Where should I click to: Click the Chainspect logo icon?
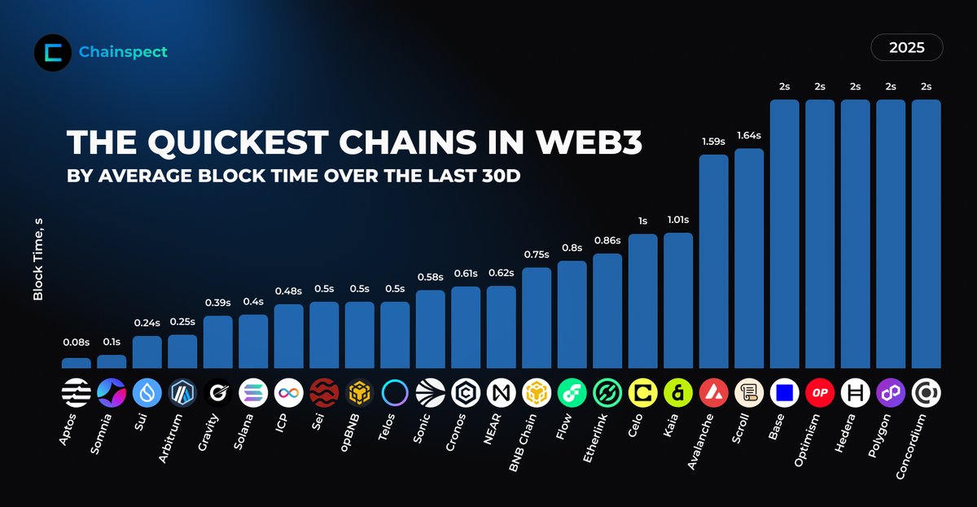pos(53,52)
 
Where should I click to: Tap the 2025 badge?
pos(906,48)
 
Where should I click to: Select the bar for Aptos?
pos(77,363)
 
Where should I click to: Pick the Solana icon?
pos(253,393)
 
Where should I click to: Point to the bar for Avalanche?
pos(714,260)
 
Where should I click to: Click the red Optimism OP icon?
pos(820,393)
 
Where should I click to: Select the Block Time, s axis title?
pos(37,252)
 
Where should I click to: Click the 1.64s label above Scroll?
pos(749,135)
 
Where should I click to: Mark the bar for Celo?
pos(643,301)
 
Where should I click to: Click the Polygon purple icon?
pos(891,393)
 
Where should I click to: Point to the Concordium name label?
pos(913,446)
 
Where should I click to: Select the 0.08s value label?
pos(77,344)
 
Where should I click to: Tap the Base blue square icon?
pos(785,393)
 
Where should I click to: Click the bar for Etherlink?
pos(607,311)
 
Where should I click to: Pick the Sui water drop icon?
pos(147,393)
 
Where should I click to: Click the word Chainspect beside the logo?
pos(123,52)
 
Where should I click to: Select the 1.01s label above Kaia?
pos(678,220)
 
